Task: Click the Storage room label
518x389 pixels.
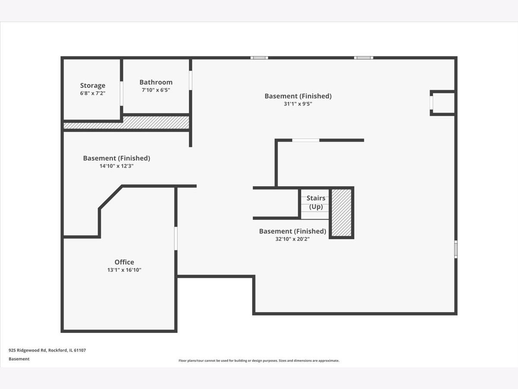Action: tap(92, 85)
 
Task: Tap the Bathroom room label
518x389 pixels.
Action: tap(156, 82)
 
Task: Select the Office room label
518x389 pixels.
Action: tap(124, 262)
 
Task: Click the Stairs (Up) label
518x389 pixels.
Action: tap(316, 202)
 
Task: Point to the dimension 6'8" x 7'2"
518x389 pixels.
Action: tap(92, 93)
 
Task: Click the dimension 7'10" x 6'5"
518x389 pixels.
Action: tap(156, 90)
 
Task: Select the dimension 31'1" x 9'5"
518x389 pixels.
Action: tap(298, 104)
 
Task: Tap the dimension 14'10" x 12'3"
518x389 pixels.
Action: tap(117, 166)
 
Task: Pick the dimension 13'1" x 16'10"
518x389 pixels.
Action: tap(124, 270)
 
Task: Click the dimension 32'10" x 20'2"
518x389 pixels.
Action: tap(292, 239)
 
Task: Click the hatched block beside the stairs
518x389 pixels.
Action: tap(341, 213)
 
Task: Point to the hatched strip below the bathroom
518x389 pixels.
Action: tap(126, 123)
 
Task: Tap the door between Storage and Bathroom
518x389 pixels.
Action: tap(122, 93)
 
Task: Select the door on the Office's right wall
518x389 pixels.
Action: tap(176, 238)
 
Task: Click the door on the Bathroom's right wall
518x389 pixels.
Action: tap(190, 80)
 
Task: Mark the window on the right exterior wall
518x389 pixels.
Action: tap(456, 249)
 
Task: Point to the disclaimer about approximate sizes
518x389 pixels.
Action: tap(259, 360)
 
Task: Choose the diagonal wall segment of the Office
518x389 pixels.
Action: tap(111, 198)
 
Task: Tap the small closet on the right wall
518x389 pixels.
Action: tap(442, 103)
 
